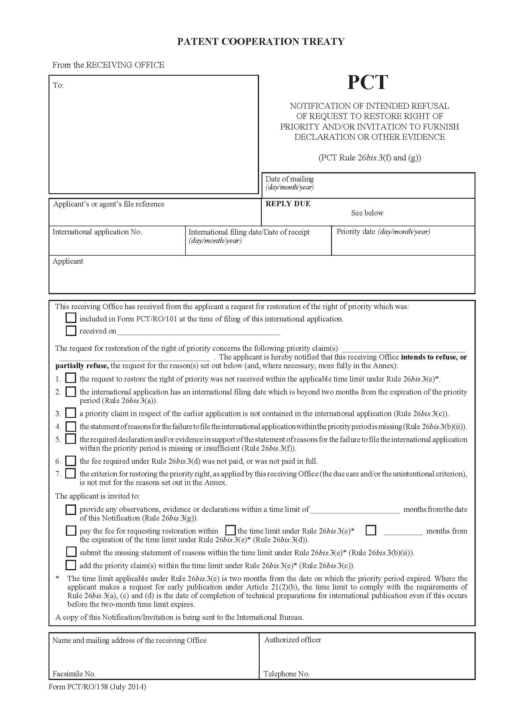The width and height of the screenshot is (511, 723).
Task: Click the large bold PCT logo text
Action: click(367, 83)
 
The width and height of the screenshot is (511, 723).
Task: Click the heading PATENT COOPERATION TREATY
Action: click(261, 41)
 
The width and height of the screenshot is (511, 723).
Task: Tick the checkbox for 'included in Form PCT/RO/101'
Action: click(71, 318)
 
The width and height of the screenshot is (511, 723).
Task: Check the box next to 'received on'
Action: click(71, 330)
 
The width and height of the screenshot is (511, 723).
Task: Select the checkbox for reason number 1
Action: click(70, 378)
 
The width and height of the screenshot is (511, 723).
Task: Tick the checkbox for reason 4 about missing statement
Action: click(70, 426)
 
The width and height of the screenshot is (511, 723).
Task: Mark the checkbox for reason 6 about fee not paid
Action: click(70, 461)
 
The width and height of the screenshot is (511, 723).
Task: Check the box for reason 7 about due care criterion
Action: click(70, 473)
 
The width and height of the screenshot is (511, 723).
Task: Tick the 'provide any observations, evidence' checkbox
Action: click(71, 509)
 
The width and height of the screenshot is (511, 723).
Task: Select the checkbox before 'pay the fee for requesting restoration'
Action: click(71, 531)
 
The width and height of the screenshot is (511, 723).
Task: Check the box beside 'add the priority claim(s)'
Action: click(71, 565)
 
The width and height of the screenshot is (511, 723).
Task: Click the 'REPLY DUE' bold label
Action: click(288, 204)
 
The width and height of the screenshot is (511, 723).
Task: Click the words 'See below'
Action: click(367, 213)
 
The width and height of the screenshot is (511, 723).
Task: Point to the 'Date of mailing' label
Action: click(289, 179)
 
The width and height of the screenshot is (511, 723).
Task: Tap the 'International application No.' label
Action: click(97, 232)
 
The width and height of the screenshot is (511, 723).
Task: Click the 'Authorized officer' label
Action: click(292, 640)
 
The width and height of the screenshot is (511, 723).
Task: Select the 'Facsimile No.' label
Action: click(74, 674)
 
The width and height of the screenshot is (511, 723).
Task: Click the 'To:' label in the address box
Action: click(58, 85)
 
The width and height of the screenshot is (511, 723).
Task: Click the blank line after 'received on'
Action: click(198, 331)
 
